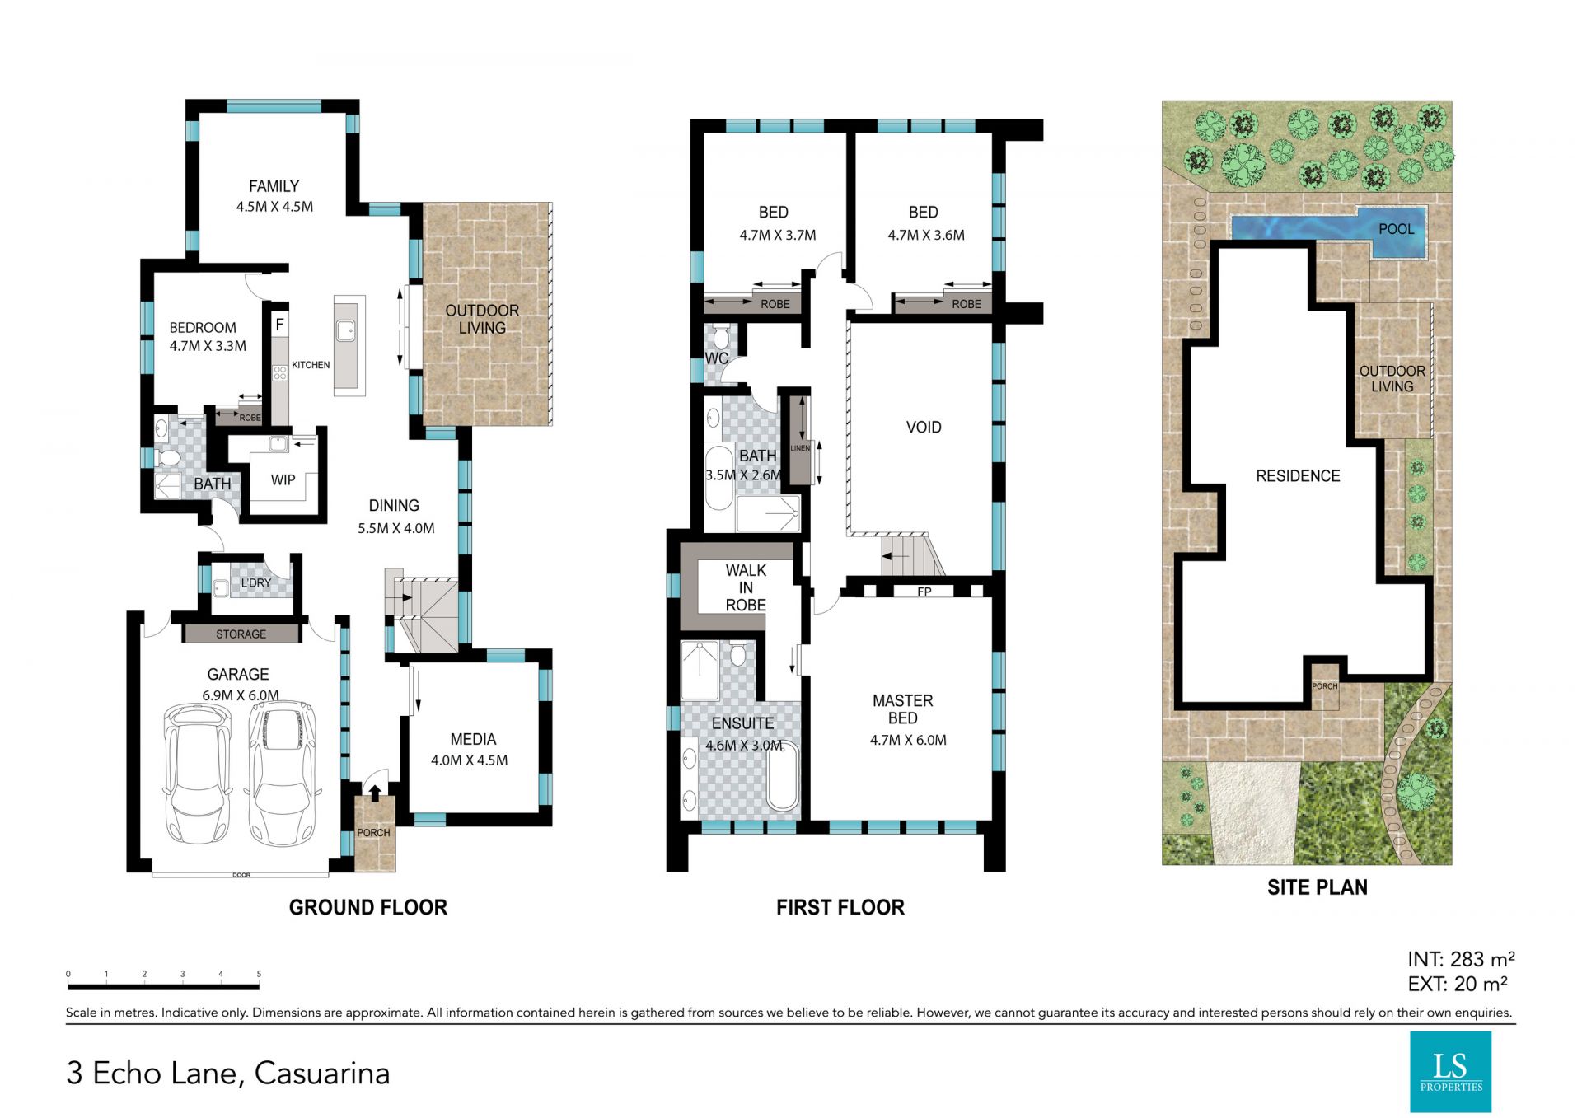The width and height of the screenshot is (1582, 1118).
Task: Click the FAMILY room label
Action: point(274,186)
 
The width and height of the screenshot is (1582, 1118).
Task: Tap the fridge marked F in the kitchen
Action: point(279,325)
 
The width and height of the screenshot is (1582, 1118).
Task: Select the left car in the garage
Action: point(198,774)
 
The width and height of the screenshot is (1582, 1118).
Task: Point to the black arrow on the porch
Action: point(375,793)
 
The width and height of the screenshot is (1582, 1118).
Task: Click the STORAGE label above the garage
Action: point(241,634)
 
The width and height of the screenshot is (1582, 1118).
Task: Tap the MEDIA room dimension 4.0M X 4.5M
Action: point(469,760)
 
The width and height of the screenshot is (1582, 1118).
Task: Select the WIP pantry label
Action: point(283,479)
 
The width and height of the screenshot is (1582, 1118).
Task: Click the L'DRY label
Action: point(255,582)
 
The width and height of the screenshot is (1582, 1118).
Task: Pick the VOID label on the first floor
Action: point(924,427)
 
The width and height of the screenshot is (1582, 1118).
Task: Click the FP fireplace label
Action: point(924,592)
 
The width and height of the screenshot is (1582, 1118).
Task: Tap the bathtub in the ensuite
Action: point(782,776)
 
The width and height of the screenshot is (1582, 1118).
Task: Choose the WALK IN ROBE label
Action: point(746,587)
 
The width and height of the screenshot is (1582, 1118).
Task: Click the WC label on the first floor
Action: point(717,358)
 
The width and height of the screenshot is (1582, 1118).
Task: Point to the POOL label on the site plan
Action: point(1396,229)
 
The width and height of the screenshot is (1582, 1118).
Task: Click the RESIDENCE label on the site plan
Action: point(1298,475)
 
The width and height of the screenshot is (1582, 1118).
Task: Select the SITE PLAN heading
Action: point(1317,887)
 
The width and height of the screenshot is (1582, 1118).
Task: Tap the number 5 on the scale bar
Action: point(259,974)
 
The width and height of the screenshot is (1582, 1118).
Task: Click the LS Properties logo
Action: point(1450,1072)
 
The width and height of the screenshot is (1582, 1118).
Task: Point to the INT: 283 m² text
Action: point(1461,959)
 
